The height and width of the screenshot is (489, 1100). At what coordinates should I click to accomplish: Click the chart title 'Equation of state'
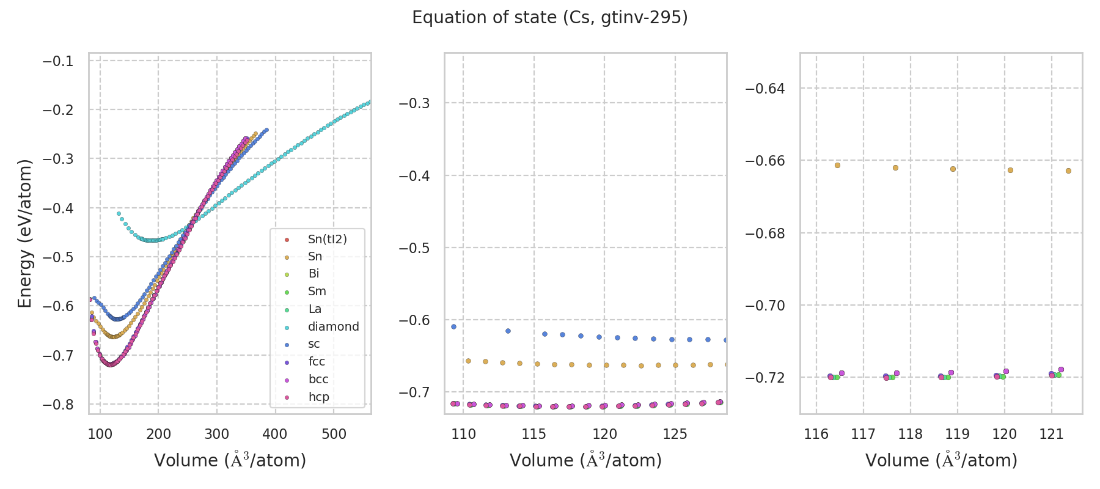(550, 18)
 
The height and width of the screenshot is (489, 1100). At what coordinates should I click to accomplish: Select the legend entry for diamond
(333, 326)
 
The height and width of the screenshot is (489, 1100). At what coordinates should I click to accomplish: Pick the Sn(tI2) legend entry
(327, 239)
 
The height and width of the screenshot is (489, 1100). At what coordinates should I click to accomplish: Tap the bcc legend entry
(318, 379)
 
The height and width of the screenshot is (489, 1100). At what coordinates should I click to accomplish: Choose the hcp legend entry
(318, 397)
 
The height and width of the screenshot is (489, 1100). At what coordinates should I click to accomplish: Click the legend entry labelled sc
(313, 344)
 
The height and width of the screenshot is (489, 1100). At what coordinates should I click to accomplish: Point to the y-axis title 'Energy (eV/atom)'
(24, 233)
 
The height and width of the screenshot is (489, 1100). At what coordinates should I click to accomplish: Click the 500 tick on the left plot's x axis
(334, 435)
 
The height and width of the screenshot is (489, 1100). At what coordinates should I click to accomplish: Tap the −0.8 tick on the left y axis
(57, 405)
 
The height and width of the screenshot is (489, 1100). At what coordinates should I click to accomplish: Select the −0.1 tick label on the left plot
(57, 61)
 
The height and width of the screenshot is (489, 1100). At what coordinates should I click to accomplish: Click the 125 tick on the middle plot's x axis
(675, 435)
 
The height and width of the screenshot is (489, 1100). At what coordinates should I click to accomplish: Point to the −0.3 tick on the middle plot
(414, 103)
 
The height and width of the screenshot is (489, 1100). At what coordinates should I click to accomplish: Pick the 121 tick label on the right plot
(1052, 435)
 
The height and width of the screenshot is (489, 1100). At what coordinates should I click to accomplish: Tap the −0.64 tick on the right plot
(765, 89)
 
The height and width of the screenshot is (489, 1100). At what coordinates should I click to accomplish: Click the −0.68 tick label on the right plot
(765, 233)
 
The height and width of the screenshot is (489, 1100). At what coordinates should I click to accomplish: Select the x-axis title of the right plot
(941, 460)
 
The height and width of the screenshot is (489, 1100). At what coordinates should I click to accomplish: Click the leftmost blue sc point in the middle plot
(453, 326)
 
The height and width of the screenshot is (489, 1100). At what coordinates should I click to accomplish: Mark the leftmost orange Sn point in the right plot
(837, 165)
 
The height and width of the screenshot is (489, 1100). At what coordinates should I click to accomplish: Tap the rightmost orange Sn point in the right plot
(1068, 171)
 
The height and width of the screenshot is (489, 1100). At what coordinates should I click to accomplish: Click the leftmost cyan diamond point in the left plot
(119, 213)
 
